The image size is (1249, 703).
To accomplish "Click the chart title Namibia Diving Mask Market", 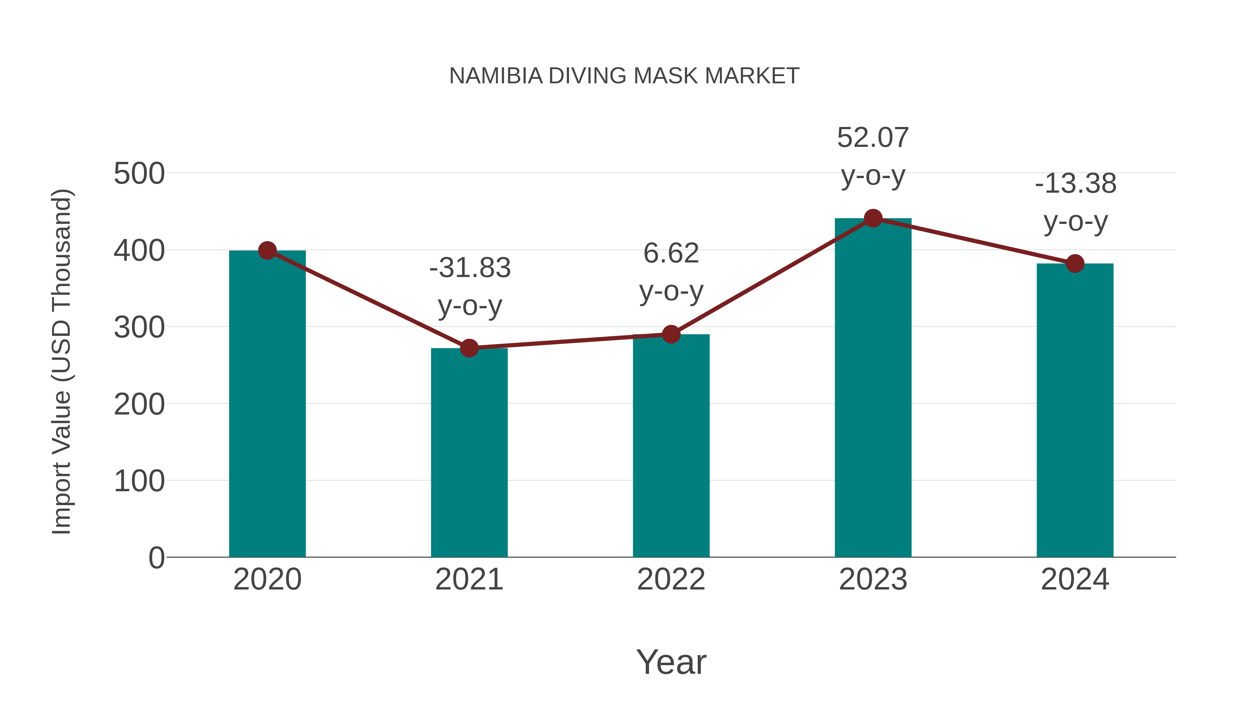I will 624,76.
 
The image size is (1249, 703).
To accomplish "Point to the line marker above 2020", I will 267,251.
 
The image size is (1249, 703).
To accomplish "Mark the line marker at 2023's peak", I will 873,218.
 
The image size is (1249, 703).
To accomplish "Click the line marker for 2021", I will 469,348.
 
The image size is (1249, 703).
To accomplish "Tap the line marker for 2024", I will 1075,263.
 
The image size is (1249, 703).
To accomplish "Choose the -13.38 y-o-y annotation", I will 1076,202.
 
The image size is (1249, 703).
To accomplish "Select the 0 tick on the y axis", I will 156,558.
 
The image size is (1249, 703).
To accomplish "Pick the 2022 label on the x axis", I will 671,579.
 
